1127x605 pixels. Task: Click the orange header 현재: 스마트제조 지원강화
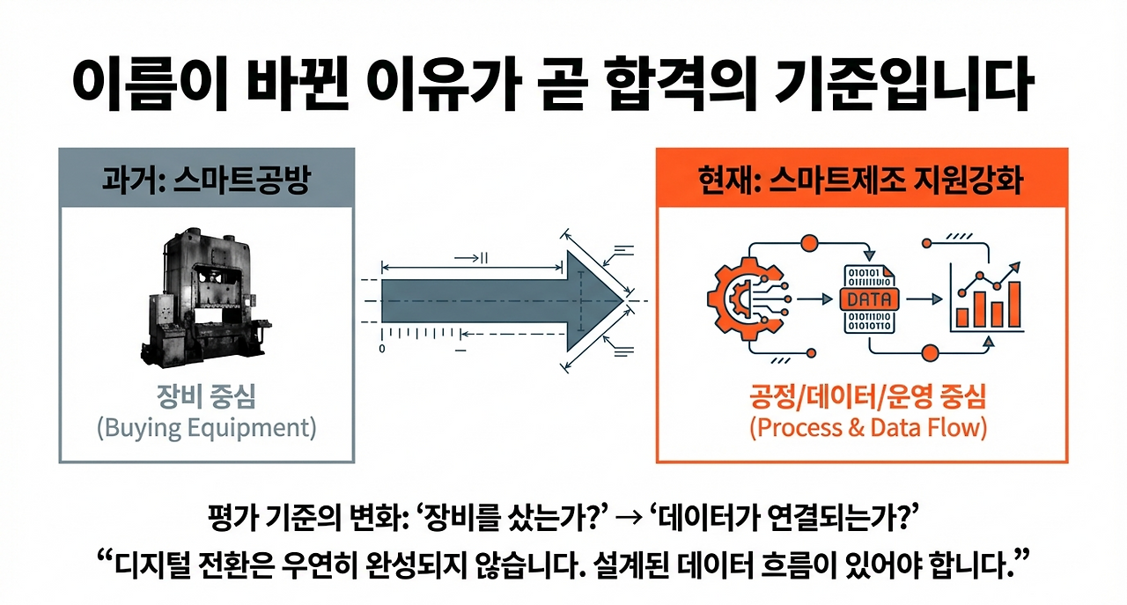[x=862, y=180]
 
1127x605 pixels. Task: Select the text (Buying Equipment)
[x=206, y=428]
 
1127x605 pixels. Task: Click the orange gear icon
[x=740, y=298]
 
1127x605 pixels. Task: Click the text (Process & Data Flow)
[x=867, y=428]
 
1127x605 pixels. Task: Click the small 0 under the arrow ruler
[x=382, y=349]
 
